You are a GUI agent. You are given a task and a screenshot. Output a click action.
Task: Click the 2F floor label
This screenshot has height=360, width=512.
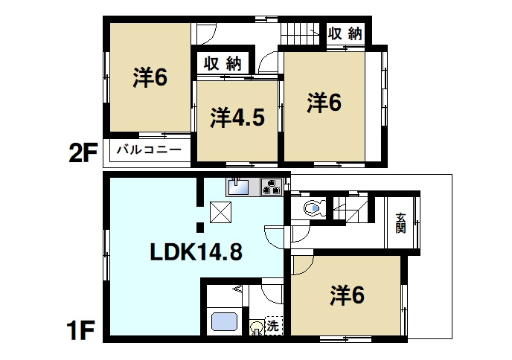coord(83,154)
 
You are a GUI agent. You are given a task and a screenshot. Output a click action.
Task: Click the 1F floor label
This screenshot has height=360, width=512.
coord(82,330)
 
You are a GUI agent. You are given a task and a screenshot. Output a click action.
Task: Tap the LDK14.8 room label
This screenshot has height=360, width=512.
coord(196,252)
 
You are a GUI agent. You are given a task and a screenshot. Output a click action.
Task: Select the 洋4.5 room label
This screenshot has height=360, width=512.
coord(237,118)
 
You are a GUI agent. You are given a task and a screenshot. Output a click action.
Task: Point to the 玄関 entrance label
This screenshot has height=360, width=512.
coord(401,222)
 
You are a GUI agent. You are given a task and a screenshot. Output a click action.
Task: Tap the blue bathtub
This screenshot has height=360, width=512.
coord(224,322)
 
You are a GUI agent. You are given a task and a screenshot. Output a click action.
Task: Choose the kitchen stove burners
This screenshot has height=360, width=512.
coord(270,187)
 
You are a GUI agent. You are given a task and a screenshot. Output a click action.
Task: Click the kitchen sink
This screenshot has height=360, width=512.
coord(239,187)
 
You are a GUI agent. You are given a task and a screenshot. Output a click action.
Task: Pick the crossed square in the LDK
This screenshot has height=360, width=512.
coord(220,212)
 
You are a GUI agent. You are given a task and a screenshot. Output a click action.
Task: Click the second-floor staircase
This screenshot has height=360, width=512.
coord(299,34)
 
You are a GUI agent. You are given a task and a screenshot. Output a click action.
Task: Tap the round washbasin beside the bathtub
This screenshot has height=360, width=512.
coord(256,326)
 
